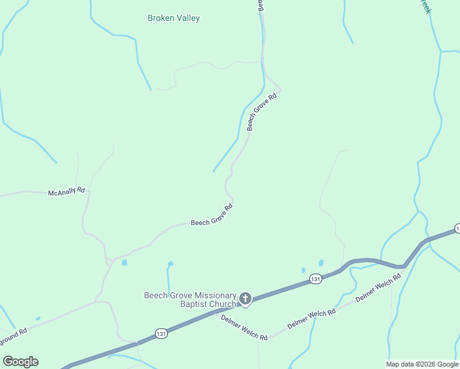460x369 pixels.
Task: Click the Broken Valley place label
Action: tap(173, 18)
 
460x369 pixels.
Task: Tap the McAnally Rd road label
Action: tap(66, 192)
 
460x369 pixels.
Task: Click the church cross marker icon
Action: tap(245, 300)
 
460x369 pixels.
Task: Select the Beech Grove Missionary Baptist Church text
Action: tap(190, 300)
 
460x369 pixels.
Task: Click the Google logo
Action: tap(20, 362)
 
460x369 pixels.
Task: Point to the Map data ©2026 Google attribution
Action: tap(422, 364)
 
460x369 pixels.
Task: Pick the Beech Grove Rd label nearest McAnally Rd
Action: tap(212, 215)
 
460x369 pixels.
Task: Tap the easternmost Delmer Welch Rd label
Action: tap(378, 287)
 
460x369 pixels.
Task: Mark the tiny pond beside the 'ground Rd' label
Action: tap(38, 319)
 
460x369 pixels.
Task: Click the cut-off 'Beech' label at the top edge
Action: tap(261, 6)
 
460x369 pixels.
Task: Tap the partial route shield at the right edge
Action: tap(457, 229)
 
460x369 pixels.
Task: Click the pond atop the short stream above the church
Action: tap(170, 264)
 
